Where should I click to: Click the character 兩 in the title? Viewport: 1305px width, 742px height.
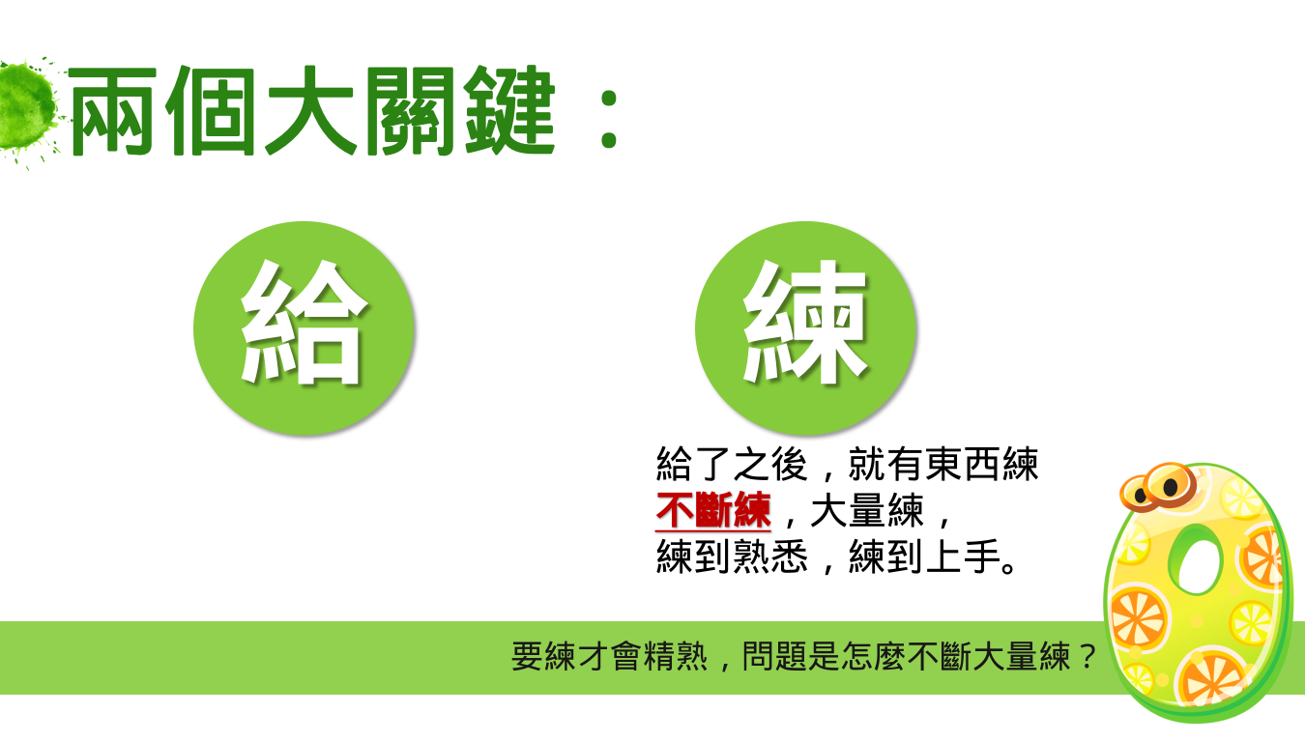tap(112, 111)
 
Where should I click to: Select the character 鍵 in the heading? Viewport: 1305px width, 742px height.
tap(509, 111)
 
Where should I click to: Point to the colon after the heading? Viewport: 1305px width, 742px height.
tap(609, 120)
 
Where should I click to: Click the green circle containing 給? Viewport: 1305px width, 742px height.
tap(304, 328)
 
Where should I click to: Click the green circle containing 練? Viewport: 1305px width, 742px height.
tap(805, 328)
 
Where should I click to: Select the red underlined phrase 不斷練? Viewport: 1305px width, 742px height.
tap(713, 511)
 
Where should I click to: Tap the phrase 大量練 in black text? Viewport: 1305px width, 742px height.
tap(866, 511)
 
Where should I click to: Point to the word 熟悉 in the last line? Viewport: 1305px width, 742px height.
tap(770, 556)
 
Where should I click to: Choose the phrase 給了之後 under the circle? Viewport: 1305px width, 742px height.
tap(732, 464)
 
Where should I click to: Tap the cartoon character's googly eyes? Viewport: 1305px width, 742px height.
tap(1158, 488)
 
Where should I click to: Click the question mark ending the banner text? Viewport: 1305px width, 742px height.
tap(1087, 656)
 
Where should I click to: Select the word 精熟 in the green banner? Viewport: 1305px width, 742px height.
tap(675, 656)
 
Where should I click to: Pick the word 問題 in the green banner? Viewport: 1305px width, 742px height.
tap(774, 656)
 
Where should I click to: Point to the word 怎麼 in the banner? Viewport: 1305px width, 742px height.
tap(873, 656)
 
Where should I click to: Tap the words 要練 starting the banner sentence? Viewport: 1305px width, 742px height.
tap(543, 656)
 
